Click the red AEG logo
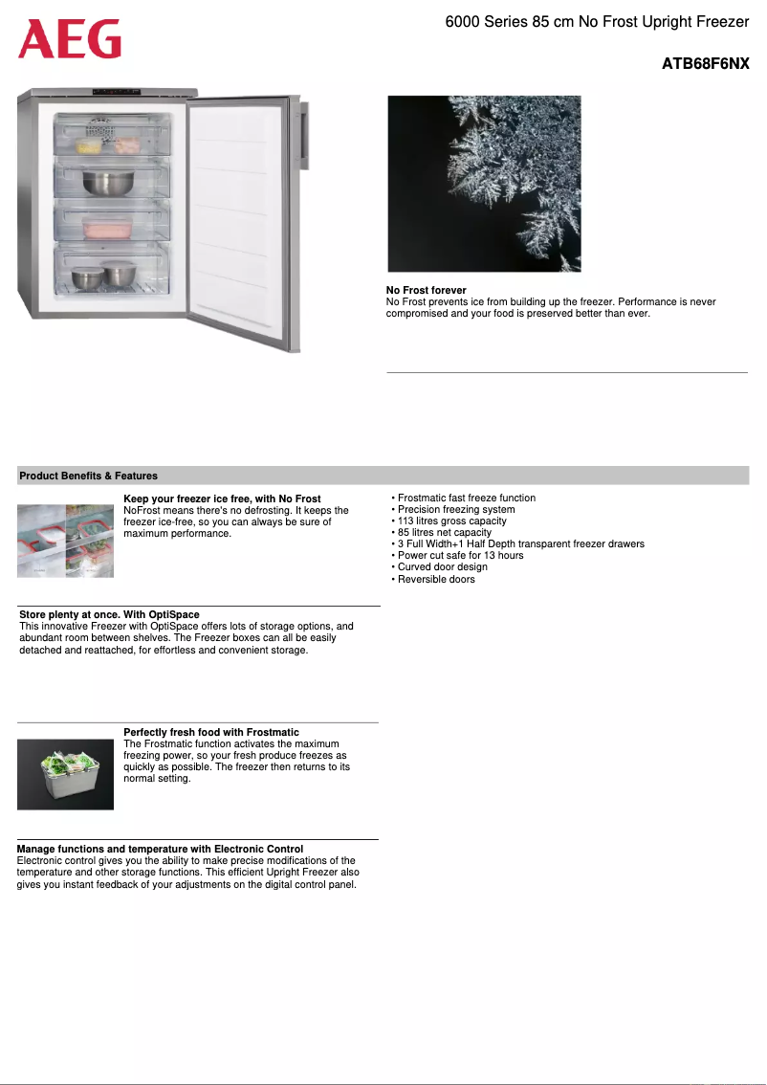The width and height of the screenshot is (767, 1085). click(70, 39)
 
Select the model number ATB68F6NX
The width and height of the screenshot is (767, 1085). click(705, 64)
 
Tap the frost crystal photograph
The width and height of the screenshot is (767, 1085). click(484, 184)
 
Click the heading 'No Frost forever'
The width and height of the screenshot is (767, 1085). click(427, 290)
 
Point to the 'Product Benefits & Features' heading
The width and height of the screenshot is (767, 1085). click(89, 476)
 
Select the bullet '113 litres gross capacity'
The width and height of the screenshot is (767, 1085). click(451, 520)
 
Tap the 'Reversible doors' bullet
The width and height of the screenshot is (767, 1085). click(436, 579)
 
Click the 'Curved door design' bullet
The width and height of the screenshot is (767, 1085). click(442, 566)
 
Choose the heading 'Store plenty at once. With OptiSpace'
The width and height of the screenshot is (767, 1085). click(110, 614)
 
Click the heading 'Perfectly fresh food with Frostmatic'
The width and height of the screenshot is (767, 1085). click(211, 732)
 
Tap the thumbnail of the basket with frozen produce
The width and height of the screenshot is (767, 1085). click(65, 774)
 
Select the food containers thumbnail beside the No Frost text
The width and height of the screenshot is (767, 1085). click(65, 541)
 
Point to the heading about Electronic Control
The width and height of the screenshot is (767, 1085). click(161, 849)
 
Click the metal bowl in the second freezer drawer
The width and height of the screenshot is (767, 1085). click(107, 182)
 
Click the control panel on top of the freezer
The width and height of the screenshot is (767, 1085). click(120, 92)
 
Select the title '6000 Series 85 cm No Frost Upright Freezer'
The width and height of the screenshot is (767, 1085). click(597, 22)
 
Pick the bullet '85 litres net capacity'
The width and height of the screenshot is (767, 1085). click(445, 532)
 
